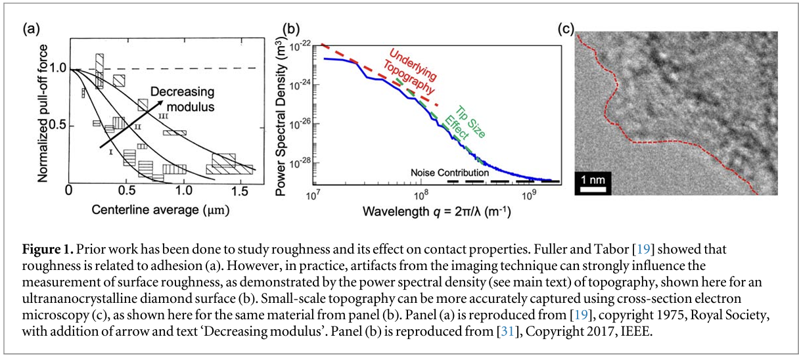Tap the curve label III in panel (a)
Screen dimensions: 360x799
163,116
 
